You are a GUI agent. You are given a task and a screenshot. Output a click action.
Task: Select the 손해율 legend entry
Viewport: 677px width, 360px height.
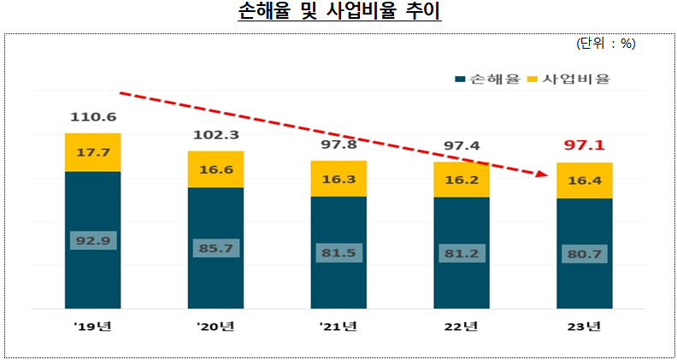click(x=489, y=80)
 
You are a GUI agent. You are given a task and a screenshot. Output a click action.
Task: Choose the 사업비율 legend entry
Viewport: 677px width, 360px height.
click(x=574, y=80)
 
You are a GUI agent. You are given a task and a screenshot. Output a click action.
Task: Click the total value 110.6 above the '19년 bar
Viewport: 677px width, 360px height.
click(x=92, y=117)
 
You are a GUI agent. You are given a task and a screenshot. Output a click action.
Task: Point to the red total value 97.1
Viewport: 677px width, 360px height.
click(x=584, y=146)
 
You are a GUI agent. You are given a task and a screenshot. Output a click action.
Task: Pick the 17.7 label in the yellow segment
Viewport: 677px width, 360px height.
click(x=92, y=153)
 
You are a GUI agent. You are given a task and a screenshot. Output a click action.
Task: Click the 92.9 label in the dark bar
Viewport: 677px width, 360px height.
click(x=92, y=240)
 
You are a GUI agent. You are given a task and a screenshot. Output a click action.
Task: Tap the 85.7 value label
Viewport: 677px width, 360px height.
click(x=215, y=248)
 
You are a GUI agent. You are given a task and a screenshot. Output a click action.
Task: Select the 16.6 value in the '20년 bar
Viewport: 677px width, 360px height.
click(x=215, y=170)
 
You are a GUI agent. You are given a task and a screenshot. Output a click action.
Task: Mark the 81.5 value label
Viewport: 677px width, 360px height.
click(x=338, y=253)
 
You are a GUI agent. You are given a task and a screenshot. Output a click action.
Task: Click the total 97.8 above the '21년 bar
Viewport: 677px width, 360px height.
click(x=338, y=145)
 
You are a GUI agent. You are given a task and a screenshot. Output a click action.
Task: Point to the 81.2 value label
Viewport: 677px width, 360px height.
click(x=462, y=253)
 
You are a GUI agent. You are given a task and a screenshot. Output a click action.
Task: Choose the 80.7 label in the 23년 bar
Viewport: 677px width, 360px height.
click(x=584, y=254)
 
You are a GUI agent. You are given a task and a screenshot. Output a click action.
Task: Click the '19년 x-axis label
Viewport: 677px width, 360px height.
click(x=92, y=327)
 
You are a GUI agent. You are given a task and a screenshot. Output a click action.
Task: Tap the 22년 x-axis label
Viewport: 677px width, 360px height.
click(x=462, y=327)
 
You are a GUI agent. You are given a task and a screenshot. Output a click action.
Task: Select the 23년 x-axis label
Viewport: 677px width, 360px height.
click(x=584, y=327)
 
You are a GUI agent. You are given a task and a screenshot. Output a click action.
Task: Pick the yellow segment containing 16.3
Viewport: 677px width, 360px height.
click(x=338, y=179)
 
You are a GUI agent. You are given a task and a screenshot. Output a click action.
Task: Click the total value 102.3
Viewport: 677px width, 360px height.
click(x=215, y=134)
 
